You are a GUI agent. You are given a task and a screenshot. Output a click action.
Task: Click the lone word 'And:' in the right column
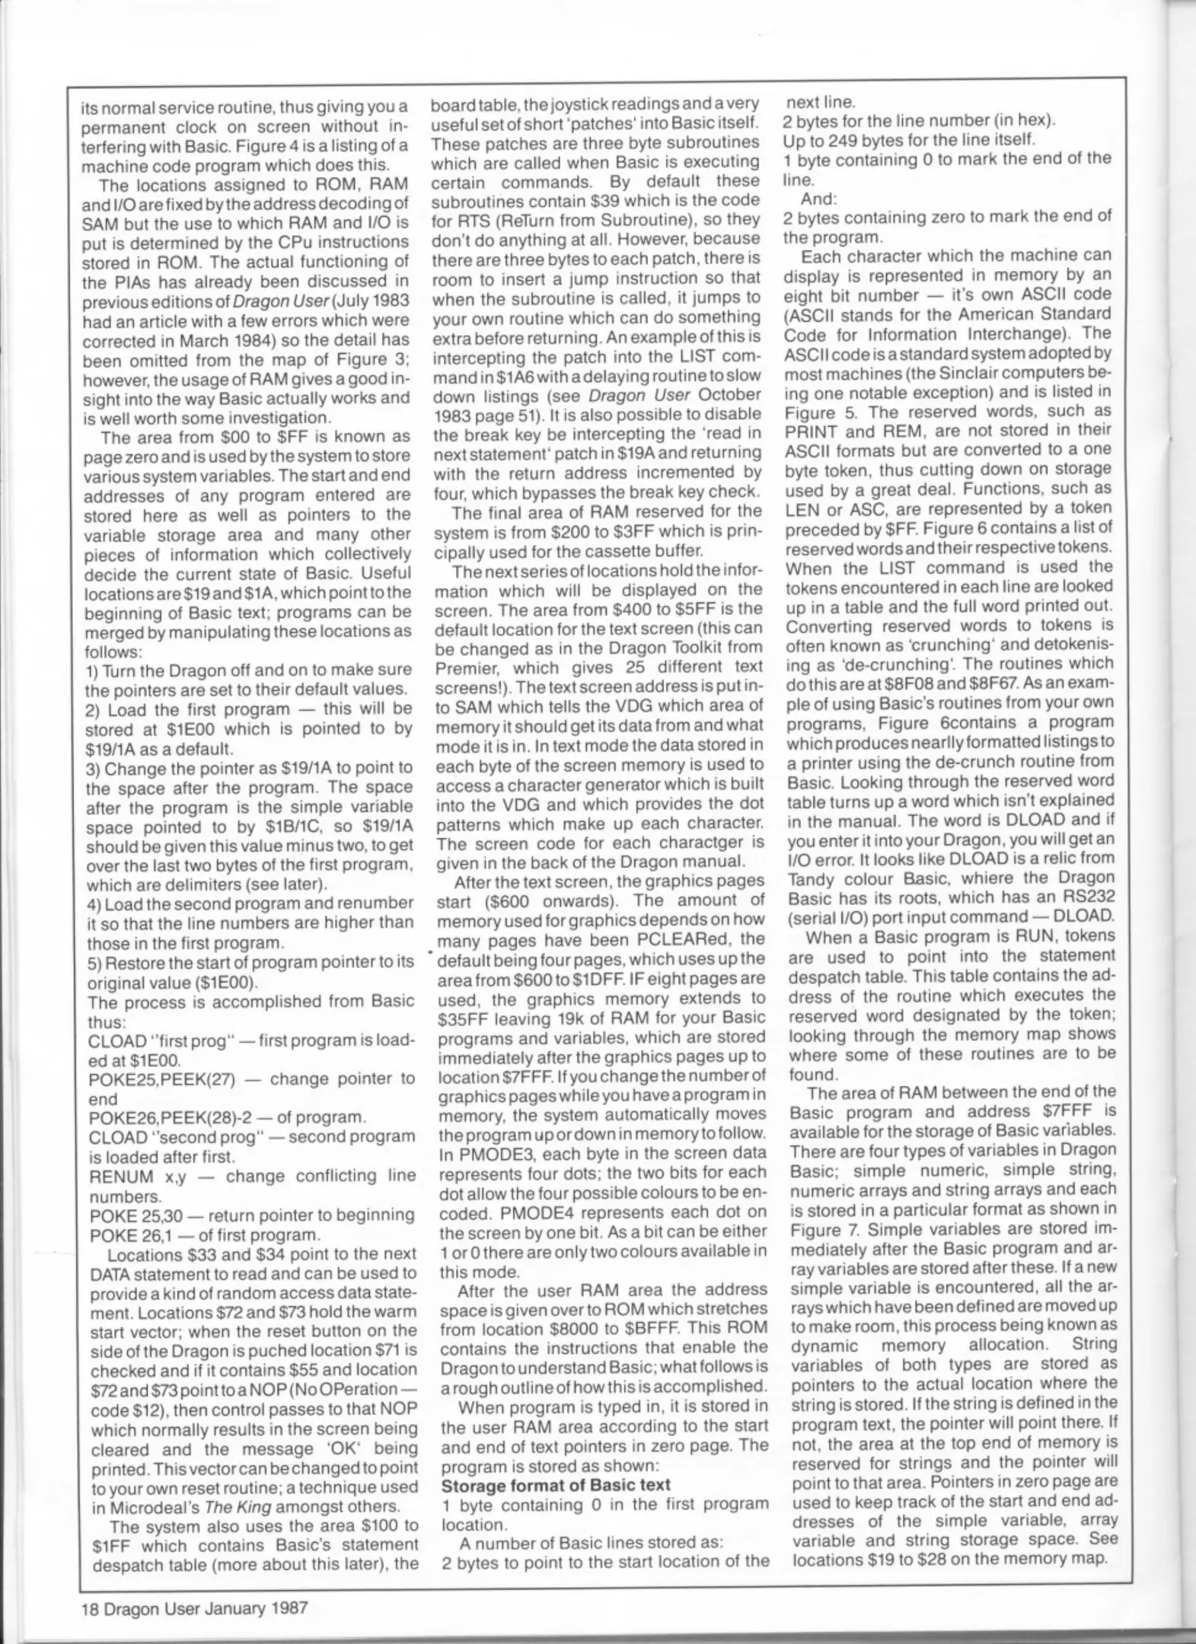(818, 198)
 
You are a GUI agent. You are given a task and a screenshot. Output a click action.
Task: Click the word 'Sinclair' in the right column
(966, 373)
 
